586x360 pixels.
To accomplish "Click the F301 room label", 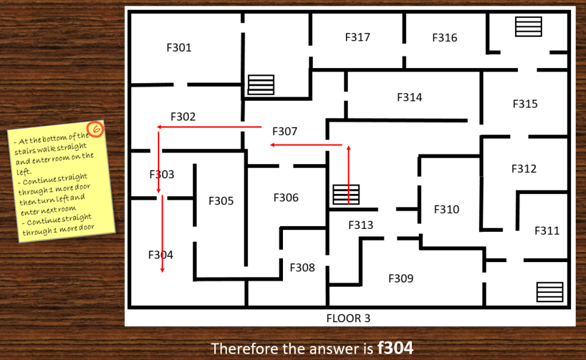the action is tap(179, 48).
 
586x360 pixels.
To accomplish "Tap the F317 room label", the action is tap(357, 37).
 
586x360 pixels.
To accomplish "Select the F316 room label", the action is tap(445, 37).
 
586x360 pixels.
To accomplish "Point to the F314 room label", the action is tap(410, 97).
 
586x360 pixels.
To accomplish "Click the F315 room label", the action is tap(525, 104).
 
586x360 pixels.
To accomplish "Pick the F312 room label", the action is tap(524, 168).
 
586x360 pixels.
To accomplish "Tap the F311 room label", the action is tap(547, 231).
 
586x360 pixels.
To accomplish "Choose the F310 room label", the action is tap(447, 209).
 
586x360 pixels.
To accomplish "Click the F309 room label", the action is tap(401, 278).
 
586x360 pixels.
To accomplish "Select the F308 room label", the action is tap(302, 267).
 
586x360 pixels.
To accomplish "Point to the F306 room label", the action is tap(286, 197).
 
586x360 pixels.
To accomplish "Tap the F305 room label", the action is tap(221, 200).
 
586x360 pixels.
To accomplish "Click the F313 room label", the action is tap(361, 225).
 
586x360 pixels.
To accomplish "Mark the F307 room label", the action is tap(285, 131).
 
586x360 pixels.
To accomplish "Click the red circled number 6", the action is tap(95, 129).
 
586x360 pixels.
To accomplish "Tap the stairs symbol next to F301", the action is tap(261, 85).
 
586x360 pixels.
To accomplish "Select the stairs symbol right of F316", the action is tap(529, 26).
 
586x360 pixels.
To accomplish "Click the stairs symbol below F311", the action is tap(550, 292).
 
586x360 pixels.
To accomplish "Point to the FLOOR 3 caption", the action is tap(348, 318).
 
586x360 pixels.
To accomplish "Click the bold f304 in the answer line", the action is tap(395, 348).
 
